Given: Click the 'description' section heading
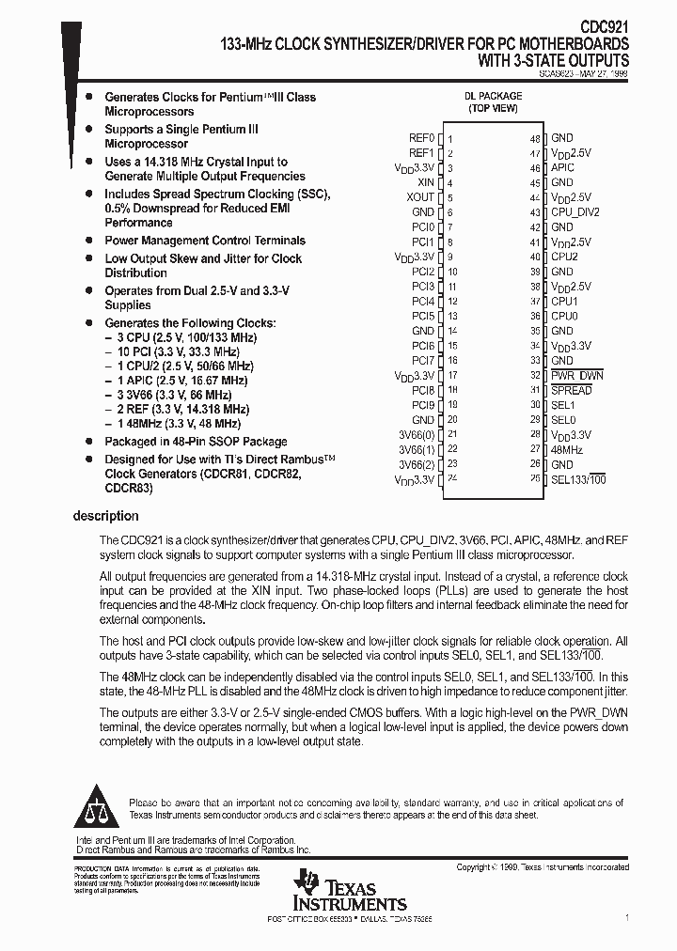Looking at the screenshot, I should (x=106, y=516).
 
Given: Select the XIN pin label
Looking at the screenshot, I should (x=425, y=182).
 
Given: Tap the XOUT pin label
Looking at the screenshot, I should (x=420, y=197).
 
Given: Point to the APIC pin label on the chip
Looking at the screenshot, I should (x=562, y=167).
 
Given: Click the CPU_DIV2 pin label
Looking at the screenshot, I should (x=575, y=212).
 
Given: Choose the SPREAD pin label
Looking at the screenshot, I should (x=571, y=390).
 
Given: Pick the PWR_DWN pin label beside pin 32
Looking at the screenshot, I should (x=576, y=375).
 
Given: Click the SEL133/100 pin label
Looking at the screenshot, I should (x=577, y=479).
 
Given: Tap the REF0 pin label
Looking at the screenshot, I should (x=421, y=138).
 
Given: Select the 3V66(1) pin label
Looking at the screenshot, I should (x=417, y=449).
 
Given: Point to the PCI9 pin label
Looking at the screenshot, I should (x=423, y=405).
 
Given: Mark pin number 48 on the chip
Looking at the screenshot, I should (x=534, y=139).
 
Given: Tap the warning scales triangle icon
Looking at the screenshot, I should (x=97, y=809).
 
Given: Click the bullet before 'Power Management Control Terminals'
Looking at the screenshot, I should (x=88, y=241).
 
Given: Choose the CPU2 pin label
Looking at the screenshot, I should (x=564, y=257).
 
